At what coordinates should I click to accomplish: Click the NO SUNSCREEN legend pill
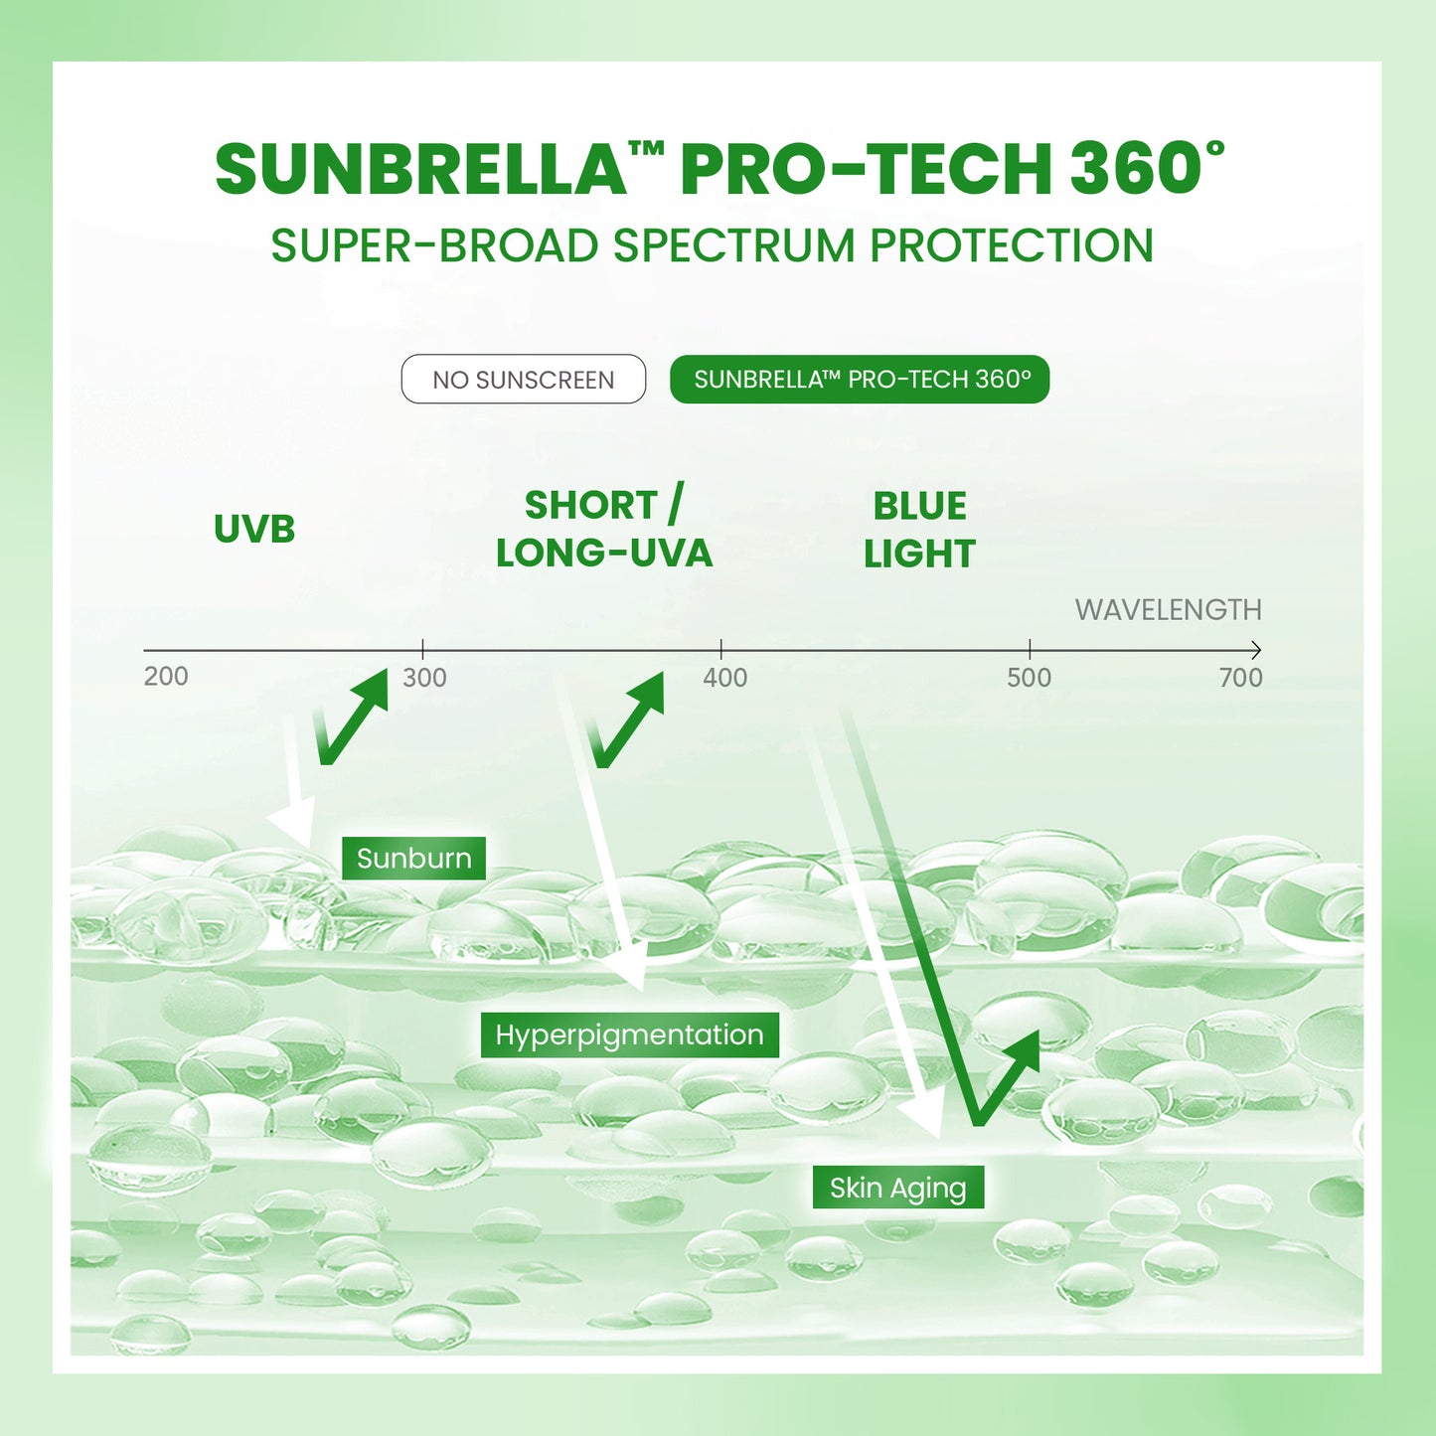pos(523,380)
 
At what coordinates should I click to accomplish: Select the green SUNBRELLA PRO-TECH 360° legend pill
pos(860,380)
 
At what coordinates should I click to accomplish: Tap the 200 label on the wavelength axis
pos(166,677)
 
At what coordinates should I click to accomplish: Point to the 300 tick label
pos(424,678)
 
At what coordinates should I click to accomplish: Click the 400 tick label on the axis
pos(724,678)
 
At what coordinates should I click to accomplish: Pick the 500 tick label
pos(1029,678)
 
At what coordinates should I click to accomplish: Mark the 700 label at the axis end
pos(1240,678)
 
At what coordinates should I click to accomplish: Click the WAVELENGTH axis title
pos(1168,609)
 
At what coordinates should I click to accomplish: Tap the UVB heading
pos(254,529)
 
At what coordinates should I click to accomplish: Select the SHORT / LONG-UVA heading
pos(604,529)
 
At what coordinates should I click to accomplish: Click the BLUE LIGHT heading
pos(919,530)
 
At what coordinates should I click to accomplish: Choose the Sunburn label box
pos(413,858)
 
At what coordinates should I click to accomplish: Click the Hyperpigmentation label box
pos(629,1035)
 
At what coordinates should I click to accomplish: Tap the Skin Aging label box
pos(897,1188)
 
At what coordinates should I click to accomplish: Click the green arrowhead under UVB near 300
pos(373,688)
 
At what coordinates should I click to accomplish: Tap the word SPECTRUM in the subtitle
pos(733,245)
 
